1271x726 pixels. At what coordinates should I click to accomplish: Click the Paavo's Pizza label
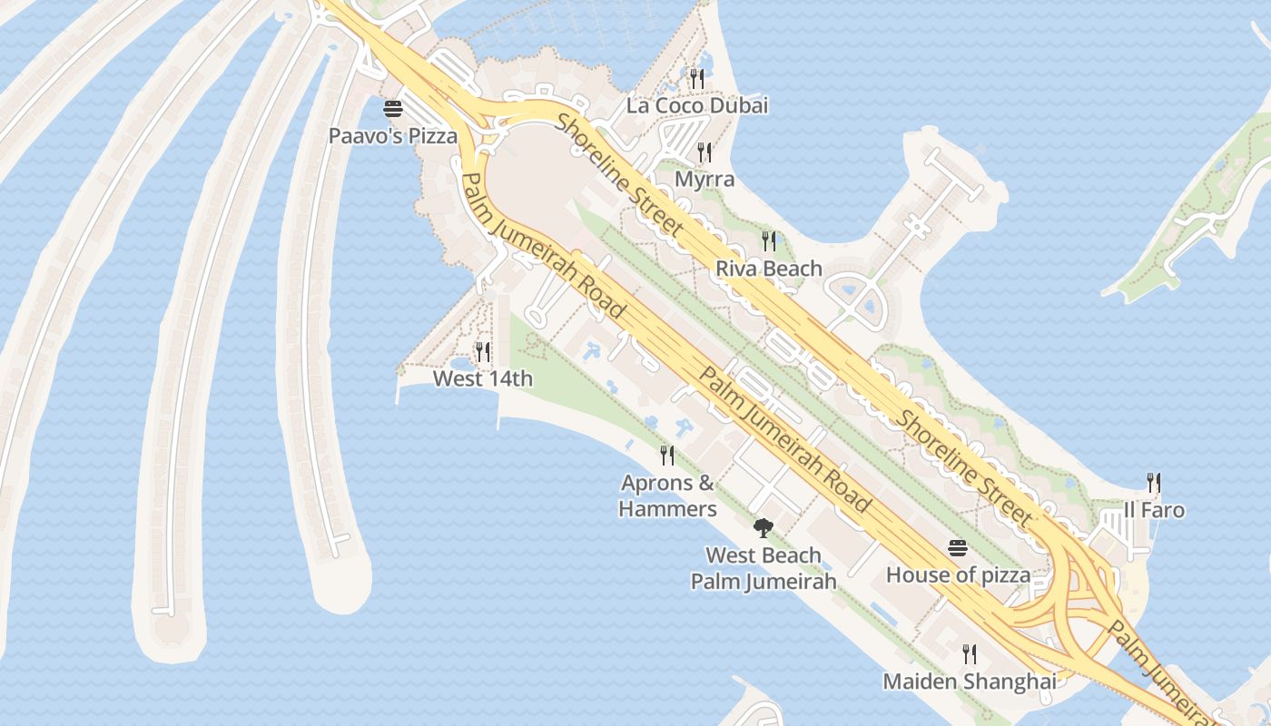coord(392,136)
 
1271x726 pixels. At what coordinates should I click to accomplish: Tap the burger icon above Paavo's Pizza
coord(393,110)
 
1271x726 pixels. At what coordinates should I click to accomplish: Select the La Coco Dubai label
coord(697,105)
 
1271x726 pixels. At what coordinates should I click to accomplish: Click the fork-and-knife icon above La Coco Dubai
coord(697,79)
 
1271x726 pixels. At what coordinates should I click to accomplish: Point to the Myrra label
coord(704,179)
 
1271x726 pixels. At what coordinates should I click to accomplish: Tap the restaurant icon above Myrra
coord(704,152)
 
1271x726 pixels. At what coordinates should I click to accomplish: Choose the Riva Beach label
coord(769,269)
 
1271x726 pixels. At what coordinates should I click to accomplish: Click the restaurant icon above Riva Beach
coord(769,241)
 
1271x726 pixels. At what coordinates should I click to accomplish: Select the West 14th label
coord(483,378)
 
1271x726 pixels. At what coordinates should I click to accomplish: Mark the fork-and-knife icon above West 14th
coord(483,351)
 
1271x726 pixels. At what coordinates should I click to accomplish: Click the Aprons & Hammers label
coord(667,495)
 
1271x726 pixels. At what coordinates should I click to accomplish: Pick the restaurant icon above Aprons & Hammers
coord(667,456)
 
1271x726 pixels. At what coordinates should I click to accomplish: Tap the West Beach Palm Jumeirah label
coord(764,568)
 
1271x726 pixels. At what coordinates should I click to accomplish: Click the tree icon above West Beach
coord(764,527)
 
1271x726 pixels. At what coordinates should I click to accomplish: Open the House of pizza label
coord(958,574)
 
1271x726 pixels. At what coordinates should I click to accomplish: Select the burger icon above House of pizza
coord(958,548)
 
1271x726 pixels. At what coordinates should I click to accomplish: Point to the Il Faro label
coord(1154,510)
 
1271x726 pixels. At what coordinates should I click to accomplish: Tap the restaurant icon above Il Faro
coord(1154,482)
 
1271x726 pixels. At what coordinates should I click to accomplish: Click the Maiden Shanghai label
coord(970,681)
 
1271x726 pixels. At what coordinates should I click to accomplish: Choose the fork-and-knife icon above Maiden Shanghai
coord(970,653)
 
